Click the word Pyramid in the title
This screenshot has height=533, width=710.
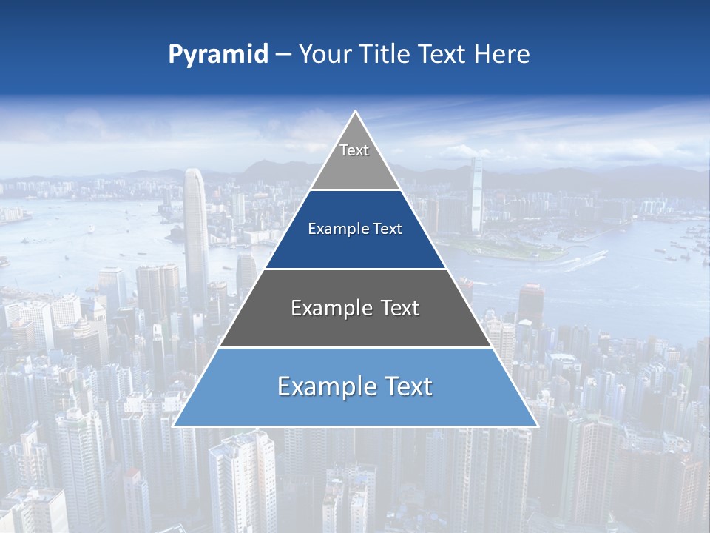pyautogui.click(x=218, y=55)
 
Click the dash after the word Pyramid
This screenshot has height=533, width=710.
pyautogui.click(x=283, y=56)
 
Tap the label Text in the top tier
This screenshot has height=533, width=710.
pyautogui.click(x=354, y=150)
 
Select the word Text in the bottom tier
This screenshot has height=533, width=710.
pyautogui.click(x=404, y=386)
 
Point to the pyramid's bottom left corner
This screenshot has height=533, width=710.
pyautogui.click(x=174, y=426)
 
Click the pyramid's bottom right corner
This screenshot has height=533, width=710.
pyautogui.click(x=537, y=426)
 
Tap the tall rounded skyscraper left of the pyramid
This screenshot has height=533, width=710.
pyautogui.click(x=195, y=237)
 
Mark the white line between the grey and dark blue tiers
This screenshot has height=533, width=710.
pyautogui.click(x=355, y=190)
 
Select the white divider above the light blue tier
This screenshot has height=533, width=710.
pyautogui.click(x=355, y=347)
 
